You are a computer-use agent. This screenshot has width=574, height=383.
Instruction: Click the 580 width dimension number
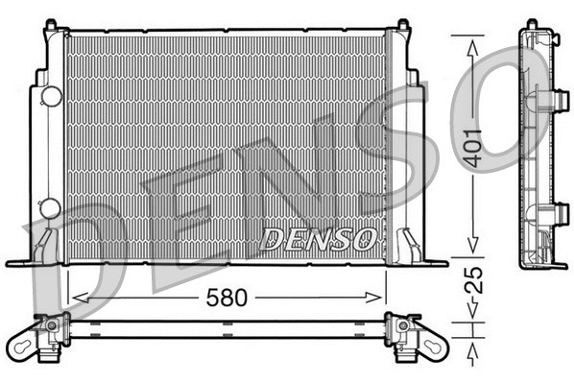(x=227, y=297)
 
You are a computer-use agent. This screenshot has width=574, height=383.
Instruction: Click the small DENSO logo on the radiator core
(x=318, y=238)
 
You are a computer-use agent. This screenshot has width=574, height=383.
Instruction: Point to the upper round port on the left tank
(x=51, y=95)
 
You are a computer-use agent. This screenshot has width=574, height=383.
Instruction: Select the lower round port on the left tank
(x=51, y=206)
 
